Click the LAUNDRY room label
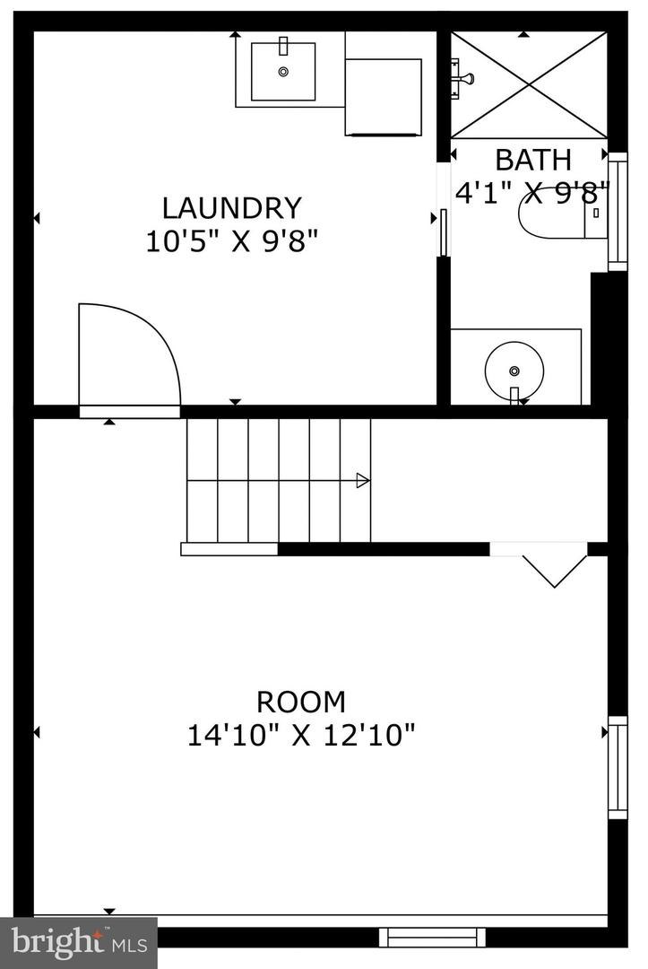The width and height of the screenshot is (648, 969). [x=231, y=208]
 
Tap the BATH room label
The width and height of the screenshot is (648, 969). [x=532, y=160]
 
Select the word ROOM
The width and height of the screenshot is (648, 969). [x=301, y=701]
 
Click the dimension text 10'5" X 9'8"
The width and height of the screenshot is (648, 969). [x=232, y=241]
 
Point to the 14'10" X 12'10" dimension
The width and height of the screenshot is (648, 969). [x=301, y=736]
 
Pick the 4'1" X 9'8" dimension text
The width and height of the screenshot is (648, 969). [x=532, y=192]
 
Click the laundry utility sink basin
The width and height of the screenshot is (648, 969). [x=282, y=71]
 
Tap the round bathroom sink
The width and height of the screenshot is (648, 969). [x=514, y=369]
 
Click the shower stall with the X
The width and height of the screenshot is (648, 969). [x=529, y=85]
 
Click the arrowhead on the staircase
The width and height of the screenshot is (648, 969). [x=363, y=481]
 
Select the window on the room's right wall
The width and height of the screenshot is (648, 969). [x=618, y=767]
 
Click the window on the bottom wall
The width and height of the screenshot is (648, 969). [x=432, y=937]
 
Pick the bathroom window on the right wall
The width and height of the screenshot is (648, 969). [x=618, y=213]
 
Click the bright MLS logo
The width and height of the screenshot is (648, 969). [x=78, y=942]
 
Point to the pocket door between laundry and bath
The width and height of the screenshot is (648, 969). [x=443, y=233]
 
